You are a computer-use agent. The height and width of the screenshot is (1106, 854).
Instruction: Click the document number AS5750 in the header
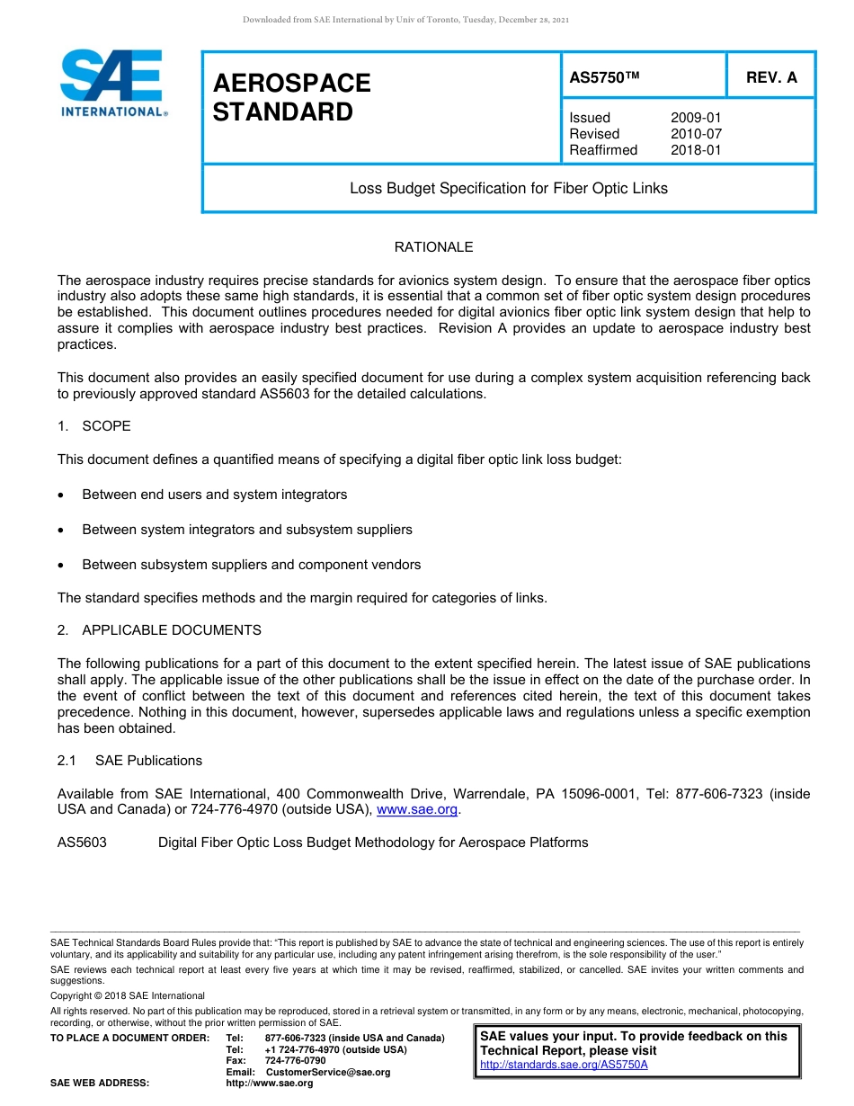[604, 78]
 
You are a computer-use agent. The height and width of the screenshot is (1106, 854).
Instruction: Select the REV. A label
[771, 78]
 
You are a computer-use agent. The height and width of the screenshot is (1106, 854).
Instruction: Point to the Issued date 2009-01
[696, 118]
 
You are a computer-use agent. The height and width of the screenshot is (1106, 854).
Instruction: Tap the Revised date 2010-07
[696, 134]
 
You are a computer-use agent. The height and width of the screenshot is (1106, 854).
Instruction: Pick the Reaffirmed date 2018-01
[696, 150]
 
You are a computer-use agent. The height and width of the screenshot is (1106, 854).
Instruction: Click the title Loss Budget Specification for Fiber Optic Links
[508, 189]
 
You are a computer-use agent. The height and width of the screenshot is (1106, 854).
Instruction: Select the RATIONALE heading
[433, 247]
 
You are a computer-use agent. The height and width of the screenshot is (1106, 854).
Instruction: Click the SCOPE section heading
[106, 425]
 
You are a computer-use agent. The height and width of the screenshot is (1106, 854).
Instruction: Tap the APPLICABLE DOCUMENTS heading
[171, 630]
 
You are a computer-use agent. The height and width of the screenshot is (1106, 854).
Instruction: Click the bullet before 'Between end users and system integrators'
[61, 495]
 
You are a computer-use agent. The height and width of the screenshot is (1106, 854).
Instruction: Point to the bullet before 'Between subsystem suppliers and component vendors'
[61, 566]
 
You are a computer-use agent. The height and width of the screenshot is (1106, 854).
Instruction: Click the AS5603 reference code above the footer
[82, 843]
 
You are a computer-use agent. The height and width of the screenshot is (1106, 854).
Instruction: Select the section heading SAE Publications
[148, 761]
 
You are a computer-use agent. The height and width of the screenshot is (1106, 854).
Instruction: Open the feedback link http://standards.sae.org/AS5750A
[564, 1065]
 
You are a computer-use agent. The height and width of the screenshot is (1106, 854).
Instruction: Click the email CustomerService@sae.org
[322, 1072]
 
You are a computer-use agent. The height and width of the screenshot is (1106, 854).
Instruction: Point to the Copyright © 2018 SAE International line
[128, 995]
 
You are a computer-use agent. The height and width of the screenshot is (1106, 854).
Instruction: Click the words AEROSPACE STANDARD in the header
[291, 98]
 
